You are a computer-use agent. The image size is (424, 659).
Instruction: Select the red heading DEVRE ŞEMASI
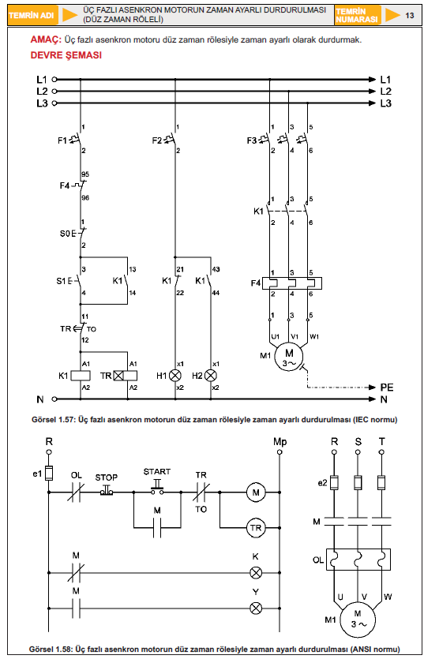(x=66, y=55)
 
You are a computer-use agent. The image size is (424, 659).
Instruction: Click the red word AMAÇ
(x=46, y=40)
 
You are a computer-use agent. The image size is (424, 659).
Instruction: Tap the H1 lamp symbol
(x=175, y=376)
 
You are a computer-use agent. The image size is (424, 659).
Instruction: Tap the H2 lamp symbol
(x=210, y=376)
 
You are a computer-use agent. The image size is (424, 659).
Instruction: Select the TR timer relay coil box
(x=126, y=376)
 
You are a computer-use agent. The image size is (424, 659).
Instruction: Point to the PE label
(x=387, y=387)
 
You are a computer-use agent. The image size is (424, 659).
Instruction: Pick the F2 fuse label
(x=157, y=140)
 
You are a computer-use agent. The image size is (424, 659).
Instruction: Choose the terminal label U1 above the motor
(x=275, y=336)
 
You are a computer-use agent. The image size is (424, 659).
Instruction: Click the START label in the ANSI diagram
(x=157, y=471)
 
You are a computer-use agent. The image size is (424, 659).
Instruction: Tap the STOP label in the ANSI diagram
(x=107, y=477)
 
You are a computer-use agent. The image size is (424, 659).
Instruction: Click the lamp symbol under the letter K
(x=255, y=572)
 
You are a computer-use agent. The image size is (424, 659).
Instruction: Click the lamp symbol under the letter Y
(x=255, y=608)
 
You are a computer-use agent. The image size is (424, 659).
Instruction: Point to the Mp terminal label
(x=280, y=441)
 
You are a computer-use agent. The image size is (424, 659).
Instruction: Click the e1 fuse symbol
(x=49, y=473)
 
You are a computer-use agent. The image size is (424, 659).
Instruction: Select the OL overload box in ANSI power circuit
(x=358, y=560)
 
